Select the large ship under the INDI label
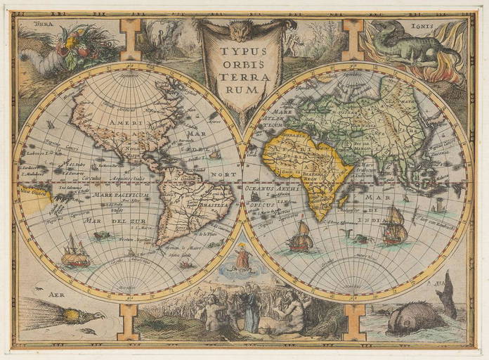394,226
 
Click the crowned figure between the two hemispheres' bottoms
243,258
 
